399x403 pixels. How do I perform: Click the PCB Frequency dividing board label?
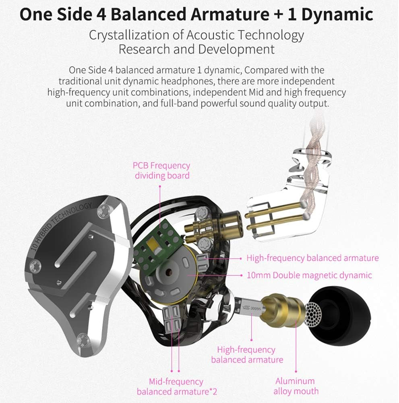click(x=162, y=170)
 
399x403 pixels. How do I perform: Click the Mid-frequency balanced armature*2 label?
click(x=176, y=386)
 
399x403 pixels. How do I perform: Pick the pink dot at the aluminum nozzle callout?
click(x=296, y=371)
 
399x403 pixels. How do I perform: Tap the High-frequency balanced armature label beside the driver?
click(x=312, y=258)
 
